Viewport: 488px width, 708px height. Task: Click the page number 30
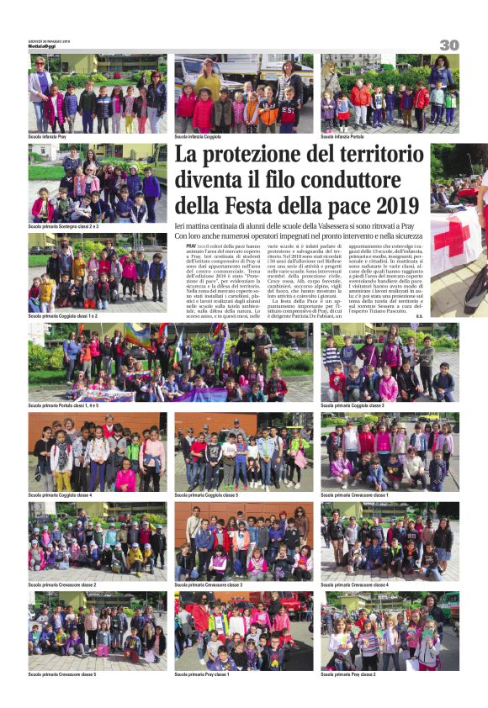pyautogui.click(x=448, y=45)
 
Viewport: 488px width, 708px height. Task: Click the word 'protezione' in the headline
pyautogui.click(x=256, y=156)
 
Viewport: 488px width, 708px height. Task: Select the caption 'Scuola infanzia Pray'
pyautogui.click(x=47, y=136)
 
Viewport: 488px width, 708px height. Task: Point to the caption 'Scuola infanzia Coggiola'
pyautogui.click(x=198, y=136)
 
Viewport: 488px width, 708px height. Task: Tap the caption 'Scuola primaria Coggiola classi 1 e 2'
pyautogui.click(x=62, y=316)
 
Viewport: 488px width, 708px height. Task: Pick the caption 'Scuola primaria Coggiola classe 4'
pyautogui.click(x=60, y=495)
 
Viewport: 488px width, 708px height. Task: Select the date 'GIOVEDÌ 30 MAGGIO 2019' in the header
pyautogui.click(x=49, y=40)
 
